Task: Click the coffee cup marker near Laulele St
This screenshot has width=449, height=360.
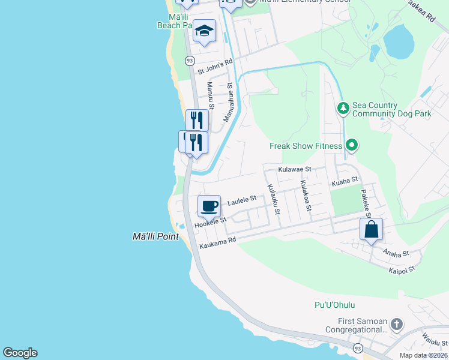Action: click(x=209, y=206)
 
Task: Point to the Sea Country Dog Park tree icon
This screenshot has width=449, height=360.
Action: click(x=343, y=109)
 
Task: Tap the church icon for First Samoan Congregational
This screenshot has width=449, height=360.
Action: click(x=396, y=325)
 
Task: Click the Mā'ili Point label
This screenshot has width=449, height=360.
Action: click(x=155, y=236)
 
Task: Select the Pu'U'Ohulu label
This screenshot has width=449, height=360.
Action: click(x=332, y=305)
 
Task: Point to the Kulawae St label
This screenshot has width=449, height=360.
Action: click(x=295, y=170)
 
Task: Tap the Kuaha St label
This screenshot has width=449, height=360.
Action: click(x=345, y=179)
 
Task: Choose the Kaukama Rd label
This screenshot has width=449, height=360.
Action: click(x=218, y=241)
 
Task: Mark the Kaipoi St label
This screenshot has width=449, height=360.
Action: click(x=402, y=270)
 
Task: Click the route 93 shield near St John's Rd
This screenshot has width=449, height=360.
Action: click(x=190, y=61)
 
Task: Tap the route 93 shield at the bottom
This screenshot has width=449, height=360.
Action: click(x=358, y=348)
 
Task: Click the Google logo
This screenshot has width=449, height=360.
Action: click(x=20, y=353)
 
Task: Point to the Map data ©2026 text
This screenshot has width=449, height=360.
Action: click(x=423, y=355)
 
